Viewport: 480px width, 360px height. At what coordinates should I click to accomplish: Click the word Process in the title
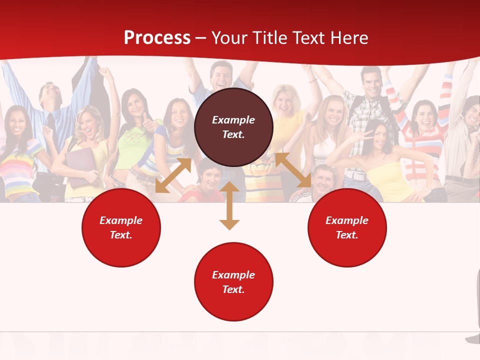pyautogui.click(x=157, y=38)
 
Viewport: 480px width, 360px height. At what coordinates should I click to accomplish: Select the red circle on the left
pyautogui.click(x=121, y=227)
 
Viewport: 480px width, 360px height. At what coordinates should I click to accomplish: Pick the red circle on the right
pyautogui.click(x=347, y=227)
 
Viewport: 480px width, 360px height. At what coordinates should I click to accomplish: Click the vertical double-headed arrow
pyautogui.click(x=229, y=205)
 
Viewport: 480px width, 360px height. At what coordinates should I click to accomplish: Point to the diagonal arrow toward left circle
pyautogui.click(x=173, y=175)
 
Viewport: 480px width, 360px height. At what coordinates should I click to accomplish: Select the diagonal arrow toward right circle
pyautogui.click(x=293, y=170)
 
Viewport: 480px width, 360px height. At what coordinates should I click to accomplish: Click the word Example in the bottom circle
pyautogui.click(x=233, y=275)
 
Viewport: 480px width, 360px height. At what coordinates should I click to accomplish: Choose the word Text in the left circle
pyautogui.click(x=121, y=235)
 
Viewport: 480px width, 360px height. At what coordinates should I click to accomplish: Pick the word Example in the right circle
pyautogui.click(x=347, y=220)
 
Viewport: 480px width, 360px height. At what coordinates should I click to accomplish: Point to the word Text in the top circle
pyautogui.click(x=233, y=134)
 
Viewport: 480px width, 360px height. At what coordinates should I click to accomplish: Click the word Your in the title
pyautogui.click(x=228, y=38)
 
